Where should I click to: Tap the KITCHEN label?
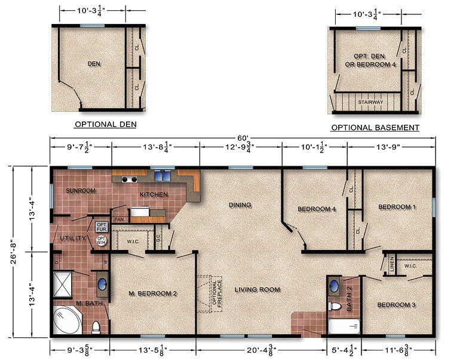[154, 195]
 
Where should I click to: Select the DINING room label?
[240, 205]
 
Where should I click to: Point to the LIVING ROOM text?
[257, 289]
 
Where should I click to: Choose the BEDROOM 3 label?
[396, 305]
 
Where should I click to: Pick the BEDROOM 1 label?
[397, 207]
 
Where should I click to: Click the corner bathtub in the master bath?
[68, 321]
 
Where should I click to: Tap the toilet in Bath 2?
[336, 307]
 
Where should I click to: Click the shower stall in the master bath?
[63, 285]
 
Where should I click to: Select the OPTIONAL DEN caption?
[105, 125]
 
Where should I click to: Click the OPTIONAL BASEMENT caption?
[375, 128]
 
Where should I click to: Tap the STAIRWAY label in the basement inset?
[370, 102]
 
